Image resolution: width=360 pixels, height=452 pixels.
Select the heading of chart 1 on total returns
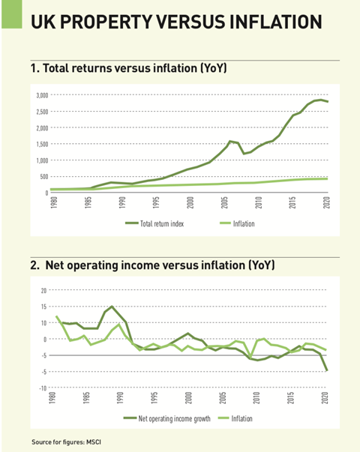[x=128, y=69]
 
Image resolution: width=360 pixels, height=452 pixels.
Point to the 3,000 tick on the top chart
[x=40, y=95]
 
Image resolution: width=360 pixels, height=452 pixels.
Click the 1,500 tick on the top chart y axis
[x=40, y=144]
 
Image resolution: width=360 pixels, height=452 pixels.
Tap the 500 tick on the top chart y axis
[x=42, y=177]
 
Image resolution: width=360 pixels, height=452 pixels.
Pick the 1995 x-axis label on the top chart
[x=156, y=204]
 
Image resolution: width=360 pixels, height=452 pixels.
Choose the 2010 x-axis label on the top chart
[x=258, y=204]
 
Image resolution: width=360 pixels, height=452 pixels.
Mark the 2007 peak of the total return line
[x=231, y=141]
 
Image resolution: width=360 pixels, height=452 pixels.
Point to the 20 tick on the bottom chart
[x=43, y=290]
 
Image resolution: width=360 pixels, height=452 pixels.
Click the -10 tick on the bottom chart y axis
[x=42, y=388]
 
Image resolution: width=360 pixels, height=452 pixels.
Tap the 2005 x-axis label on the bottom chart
[x=224, y=400]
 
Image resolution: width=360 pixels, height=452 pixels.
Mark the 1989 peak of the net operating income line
[x=112, y=307]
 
